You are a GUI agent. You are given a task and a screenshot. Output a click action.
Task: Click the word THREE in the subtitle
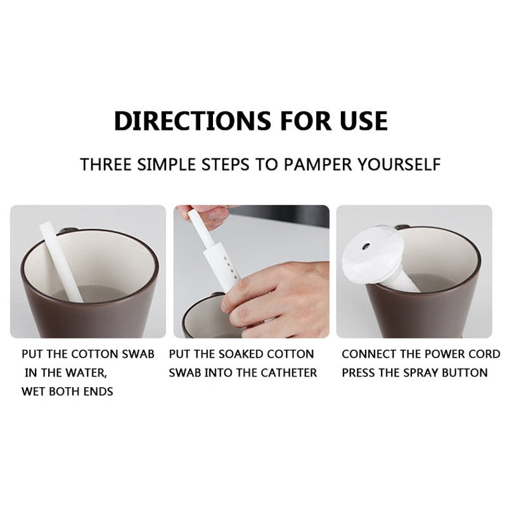pos(105,165)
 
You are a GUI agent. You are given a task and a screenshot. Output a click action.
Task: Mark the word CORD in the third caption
pos(484,354)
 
